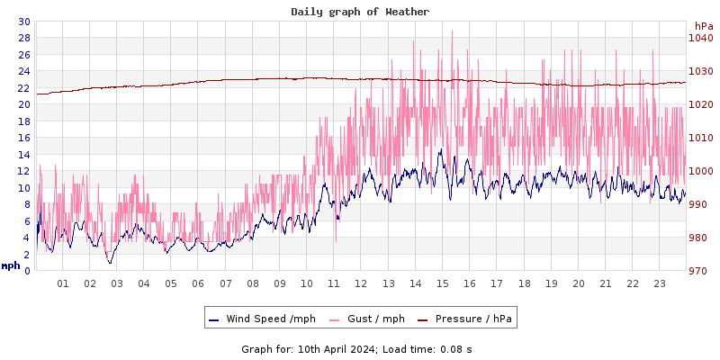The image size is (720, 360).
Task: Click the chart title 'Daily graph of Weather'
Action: (360, 12)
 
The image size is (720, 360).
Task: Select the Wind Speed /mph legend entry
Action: (261, 319)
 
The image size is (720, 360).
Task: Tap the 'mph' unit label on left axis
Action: (11, 265)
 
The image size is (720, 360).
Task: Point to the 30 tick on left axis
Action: (24, 22)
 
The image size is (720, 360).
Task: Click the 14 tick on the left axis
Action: (24, 155)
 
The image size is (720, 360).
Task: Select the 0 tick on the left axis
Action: (27, 271)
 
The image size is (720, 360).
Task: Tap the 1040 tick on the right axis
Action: (700, 38)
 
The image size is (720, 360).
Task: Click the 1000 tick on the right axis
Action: (700, 171)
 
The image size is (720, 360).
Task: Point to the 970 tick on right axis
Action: (700, 271)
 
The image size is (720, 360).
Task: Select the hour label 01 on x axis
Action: (63, 283)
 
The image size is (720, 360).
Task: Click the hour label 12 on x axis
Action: (361, 283)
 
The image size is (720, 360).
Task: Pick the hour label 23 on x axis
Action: (659, 283)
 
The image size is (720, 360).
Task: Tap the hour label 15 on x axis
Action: (442, 283)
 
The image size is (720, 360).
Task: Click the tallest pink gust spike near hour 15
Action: (452, 32)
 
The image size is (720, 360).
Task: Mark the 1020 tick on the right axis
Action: (700, 104)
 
